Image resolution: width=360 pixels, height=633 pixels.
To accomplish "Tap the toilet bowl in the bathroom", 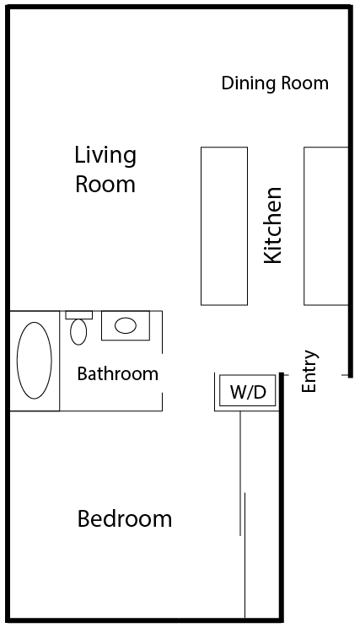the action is [x=78, y=332].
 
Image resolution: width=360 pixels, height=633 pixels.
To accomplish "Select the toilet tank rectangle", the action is [x=79, y=315].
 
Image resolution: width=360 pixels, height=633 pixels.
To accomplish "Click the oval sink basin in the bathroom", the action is [x=125, y=325].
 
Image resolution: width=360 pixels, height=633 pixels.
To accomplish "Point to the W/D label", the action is [x=248, y=391].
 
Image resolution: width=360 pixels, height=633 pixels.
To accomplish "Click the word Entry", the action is [x=310, y=371].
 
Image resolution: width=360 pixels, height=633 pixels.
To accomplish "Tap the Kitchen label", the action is [x=272, y=225].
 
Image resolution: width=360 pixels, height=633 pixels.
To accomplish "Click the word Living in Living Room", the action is [x=105, y=157].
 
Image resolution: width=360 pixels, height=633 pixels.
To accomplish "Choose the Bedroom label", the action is [x=124, y=518].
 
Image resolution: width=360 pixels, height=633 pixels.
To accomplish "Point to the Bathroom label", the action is [x=117, y=374].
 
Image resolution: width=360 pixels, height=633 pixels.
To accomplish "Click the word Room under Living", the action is [x=105, y=184].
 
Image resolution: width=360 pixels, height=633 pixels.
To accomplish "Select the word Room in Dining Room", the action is [x=304, y=83].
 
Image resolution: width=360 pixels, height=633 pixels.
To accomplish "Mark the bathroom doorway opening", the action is [x=162, y=373].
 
